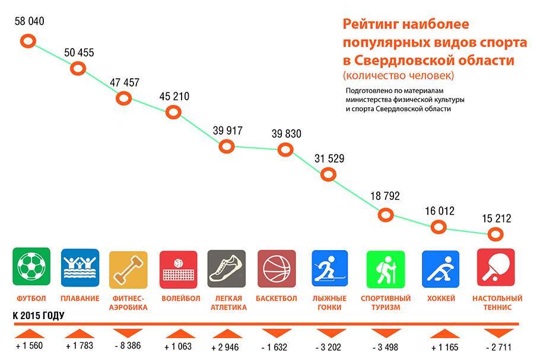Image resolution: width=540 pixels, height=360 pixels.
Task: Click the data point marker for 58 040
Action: coord(28,42)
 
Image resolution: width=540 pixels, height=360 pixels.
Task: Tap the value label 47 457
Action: coord(125,83)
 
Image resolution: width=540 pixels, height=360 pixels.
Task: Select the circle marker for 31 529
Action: coord(328,174)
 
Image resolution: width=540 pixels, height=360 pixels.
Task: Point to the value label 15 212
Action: coord(496,219)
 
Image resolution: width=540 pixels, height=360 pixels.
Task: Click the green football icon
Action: coord(31,267)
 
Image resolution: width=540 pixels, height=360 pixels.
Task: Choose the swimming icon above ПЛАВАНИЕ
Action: coord(80,267)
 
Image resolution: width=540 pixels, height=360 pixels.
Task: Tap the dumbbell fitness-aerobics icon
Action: coord(128,269)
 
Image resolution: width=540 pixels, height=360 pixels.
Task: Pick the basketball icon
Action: coord(277,269)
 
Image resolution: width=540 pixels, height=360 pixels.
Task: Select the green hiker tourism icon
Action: coord(385,269)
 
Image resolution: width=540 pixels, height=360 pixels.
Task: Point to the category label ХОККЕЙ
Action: coord(441,298)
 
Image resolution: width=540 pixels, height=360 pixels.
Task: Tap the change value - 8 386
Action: coord(128,346)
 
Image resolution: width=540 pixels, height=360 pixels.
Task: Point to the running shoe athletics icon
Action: coord(227,269)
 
